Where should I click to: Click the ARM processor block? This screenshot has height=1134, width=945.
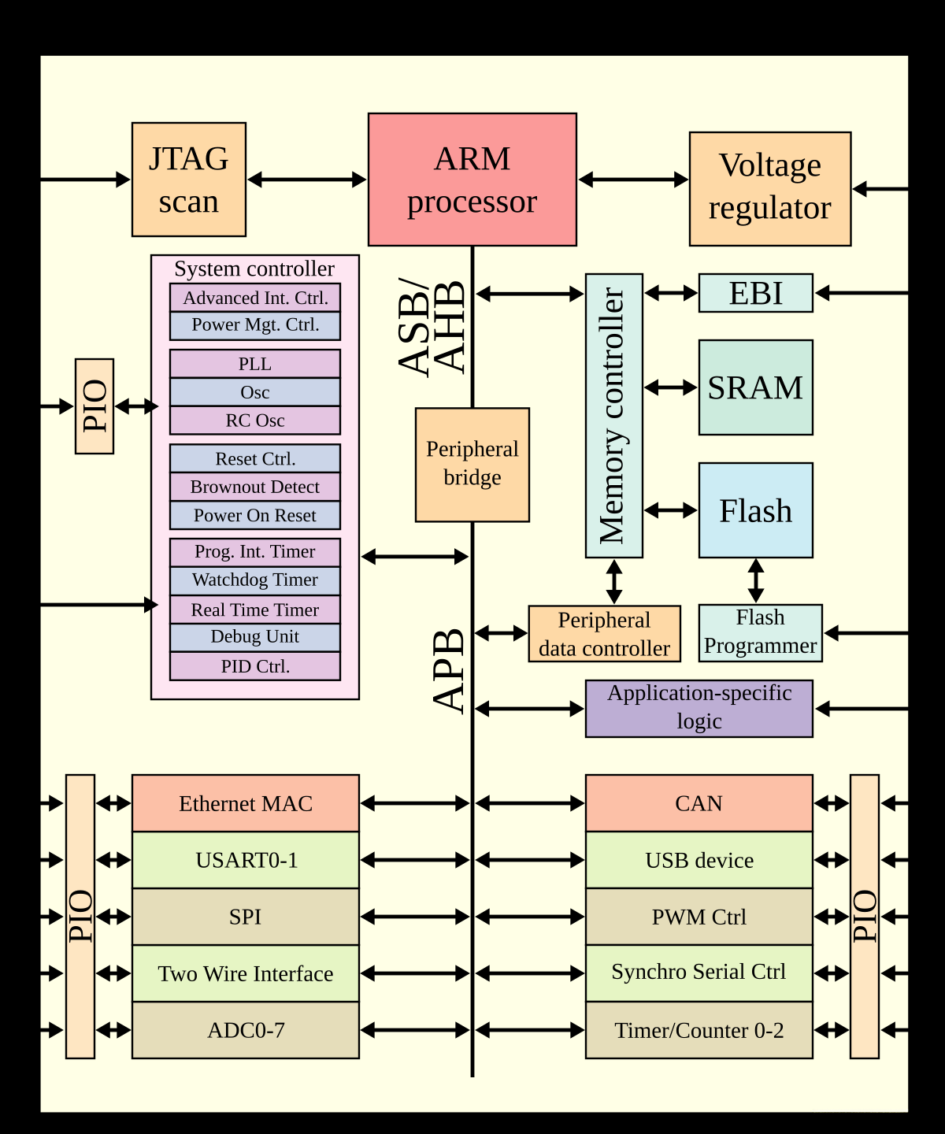click(x=472, y=180)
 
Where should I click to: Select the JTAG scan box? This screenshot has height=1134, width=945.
click(x=189, y=180)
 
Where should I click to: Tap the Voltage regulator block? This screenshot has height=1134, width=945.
click(x=770, y=189)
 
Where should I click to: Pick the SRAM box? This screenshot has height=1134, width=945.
click(x=756, y=387)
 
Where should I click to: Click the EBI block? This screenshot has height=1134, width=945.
click(x=756, y=293)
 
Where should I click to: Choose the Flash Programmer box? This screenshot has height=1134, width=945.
click(x=761, y=633)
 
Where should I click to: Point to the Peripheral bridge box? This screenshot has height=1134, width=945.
click(x=472, y=465)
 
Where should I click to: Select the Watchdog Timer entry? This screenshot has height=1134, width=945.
click(x=255, y=581)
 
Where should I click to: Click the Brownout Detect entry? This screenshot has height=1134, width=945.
click(x=255, y=487)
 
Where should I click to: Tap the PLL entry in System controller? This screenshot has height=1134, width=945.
click(x=255, y=364)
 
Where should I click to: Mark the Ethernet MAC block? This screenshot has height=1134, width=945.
click(x=246, y=803)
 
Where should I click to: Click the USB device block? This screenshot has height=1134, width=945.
click(x=699, y=860)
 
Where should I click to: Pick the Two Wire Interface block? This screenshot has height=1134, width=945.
click(x=246, y=973)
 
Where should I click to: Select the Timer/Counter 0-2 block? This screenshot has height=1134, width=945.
click(x=699, y=1030)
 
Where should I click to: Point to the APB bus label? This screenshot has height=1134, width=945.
click(x=449, y=671)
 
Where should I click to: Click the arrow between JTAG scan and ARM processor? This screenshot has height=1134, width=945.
click(x=307, y=180)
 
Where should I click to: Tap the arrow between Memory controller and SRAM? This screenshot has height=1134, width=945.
click(x=671, y=387)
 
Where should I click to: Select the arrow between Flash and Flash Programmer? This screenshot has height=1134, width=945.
click(x=756, y=581)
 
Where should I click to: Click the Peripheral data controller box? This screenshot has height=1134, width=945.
click(x=605, y=634)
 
